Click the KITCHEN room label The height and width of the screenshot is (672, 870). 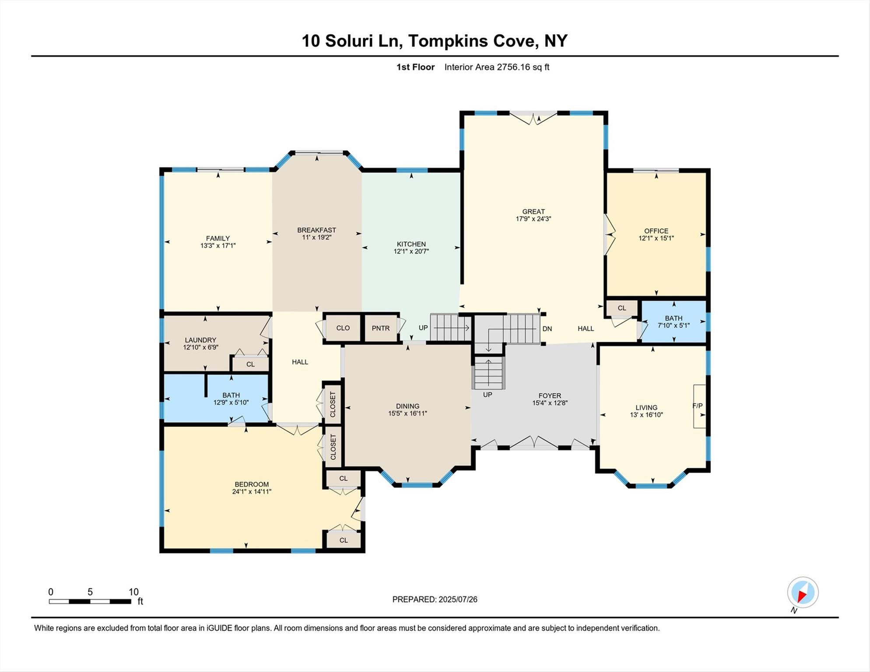point(411,244)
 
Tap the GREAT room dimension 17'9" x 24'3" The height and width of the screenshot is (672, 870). point(533,219)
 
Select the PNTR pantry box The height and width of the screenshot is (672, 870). point(380,328)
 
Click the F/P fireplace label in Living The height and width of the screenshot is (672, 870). point(698,406)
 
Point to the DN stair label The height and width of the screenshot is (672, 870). point(547,329)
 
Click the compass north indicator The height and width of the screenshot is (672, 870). point(803,593)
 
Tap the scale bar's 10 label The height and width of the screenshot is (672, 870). point(133,592)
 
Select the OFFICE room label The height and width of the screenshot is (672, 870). point(656,231)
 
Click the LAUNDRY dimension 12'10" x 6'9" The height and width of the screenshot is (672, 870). point(200,347)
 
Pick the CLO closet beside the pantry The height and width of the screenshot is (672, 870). point(343,328)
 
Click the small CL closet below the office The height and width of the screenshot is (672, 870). point(621,308)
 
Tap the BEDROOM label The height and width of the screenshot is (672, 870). point(252,484)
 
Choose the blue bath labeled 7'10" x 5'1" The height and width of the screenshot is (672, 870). point(674,322)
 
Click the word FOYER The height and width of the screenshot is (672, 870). point(550,395)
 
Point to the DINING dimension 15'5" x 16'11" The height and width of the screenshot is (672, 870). point(407,413)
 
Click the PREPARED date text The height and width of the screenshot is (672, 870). point(435,599)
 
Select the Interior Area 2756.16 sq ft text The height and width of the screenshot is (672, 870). point(497,67)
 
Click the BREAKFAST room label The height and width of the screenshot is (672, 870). point(316,230)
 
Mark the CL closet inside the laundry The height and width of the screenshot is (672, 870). point(250,364)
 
